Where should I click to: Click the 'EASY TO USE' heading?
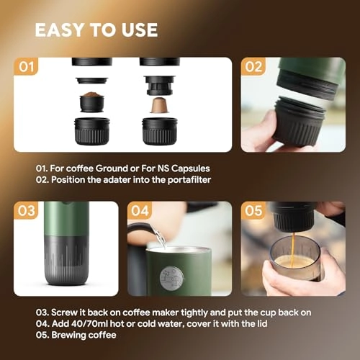tap(96, 30)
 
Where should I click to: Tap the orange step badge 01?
tap(27, 68)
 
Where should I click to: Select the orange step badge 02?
tap(254, 68)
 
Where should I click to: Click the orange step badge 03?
tap(27, 212)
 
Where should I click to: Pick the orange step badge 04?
tap(141, 212)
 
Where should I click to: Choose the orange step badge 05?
tap(254, 212)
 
